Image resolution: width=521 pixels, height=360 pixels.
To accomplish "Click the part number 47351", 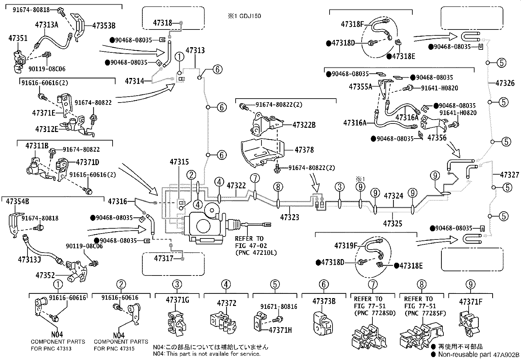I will [x=18, y=38].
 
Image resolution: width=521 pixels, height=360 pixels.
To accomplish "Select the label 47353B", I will [x=104, y=25].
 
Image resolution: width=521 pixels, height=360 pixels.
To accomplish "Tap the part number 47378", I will [x=304, y=150].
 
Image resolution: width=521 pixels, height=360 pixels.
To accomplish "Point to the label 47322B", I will [x=304, y=125].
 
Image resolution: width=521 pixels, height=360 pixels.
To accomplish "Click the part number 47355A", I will [x=360, y=87].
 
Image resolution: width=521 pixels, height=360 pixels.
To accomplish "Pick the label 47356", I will [x=437, y=138].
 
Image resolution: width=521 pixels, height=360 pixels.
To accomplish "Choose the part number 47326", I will [x=505, y=83].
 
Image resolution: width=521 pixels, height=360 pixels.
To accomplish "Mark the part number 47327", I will [x=510, y=175].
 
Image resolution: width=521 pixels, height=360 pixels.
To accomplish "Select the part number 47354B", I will [x=18, y=201].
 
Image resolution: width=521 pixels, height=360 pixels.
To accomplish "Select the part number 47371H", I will [x=280, y=330].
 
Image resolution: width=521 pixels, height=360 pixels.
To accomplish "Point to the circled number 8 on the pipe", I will [x=278, y=187].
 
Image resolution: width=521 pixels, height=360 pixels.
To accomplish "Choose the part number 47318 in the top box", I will [x=163, y=23].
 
